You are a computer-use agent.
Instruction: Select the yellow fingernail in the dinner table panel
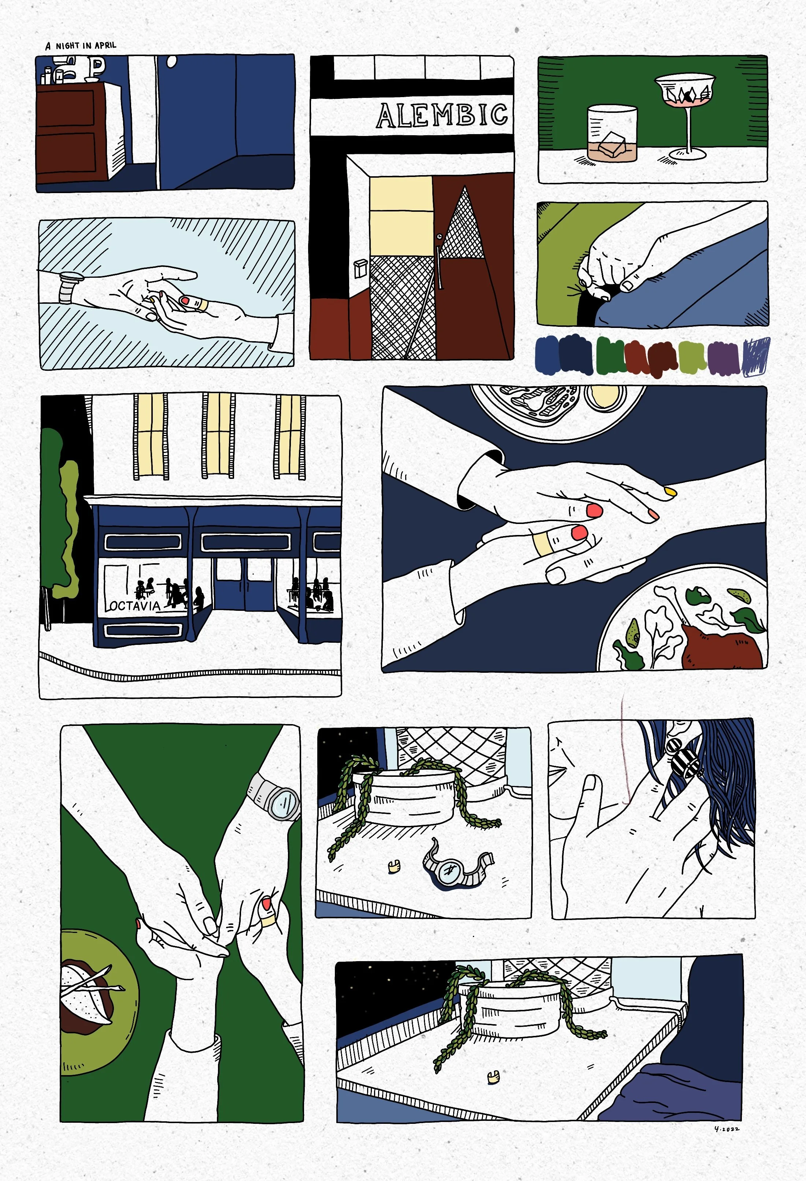pyautogui.click(x=671, y=491)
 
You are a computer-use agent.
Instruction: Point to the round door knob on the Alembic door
pyautogui.click(x=439, y=236)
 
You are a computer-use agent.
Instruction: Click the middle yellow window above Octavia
pyautogui.click(x=218, y=436)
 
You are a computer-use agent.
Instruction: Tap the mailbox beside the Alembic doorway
pyautogui.click(x=360, y=268)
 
